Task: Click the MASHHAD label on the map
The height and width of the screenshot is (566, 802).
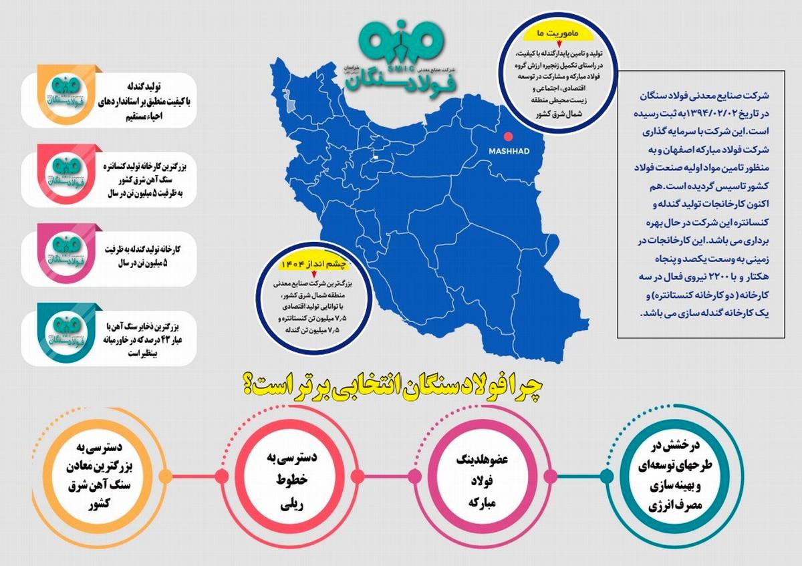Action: (x=509, y=152)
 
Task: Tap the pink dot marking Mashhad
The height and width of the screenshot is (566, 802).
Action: (x=508, y=135)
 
